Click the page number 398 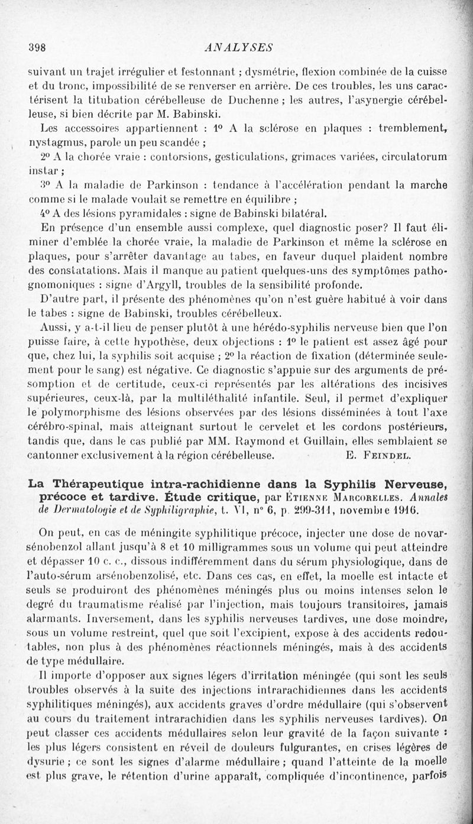coord(37,47)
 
